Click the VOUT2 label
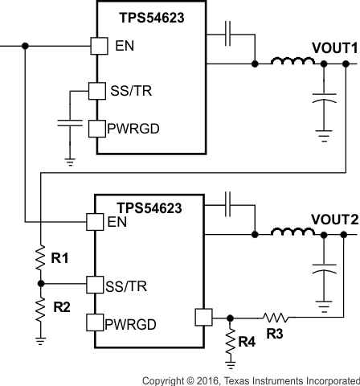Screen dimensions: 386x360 (333, 219)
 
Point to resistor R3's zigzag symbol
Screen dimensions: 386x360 (276, 318)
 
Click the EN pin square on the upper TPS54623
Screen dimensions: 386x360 (97, 46)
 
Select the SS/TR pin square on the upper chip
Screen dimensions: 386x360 (97, 91)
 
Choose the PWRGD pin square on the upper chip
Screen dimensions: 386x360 (97, 128)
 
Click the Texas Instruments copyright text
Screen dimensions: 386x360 (251, 380)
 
